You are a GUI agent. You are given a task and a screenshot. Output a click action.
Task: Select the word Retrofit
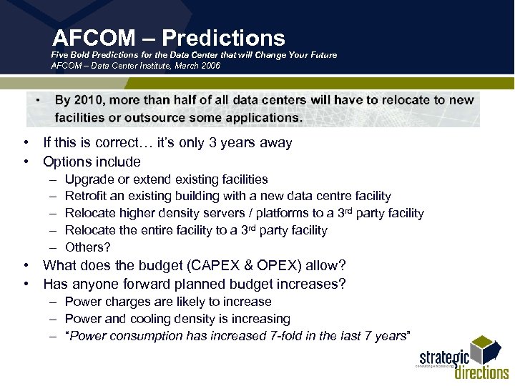86,196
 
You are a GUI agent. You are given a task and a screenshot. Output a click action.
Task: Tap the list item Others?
88,247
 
